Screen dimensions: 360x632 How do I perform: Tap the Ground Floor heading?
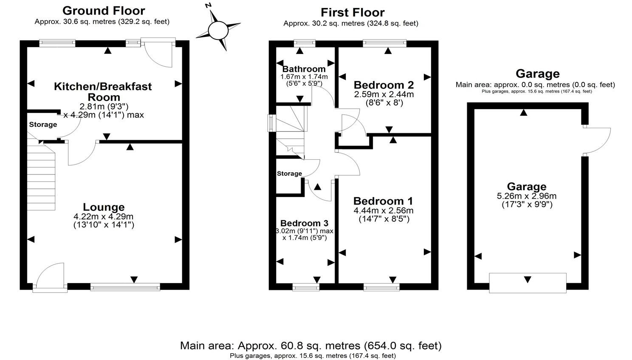[104, 11]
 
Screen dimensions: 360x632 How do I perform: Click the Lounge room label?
[104, 207]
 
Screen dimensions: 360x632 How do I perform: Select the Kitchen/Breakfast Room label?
[103, 92]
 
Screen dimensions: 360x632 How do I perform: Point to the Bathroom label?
[304, 69]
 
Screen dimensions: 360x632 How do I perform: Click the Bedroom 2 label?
[384, 85]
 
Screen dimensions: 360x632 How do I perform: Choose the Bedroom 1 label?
[383, 201]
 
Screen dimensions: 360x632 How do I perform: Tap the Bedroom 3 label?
[304, 223]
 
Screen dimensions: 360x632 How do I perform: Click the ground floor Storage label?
[43, 124]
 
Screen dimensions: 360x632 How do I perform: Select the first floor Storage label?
[289, 173]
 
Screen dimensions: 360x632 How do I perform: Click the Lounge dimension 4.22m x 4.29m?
[104, 217]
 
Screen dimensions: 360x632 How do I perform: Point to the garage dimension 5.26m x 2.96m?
[527, 196]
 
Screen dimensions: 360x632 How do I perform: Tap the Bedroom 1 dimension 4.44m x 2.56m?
[383, 211]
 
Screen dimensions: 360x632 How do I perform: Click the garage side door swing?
[597, 141]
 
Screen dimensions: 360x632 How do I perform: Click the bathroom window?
[304, 42]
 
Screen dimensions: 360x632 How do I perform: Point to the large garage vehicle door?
[528, 283]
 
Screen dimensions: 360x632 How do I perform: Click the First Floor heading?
[353, 13]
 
